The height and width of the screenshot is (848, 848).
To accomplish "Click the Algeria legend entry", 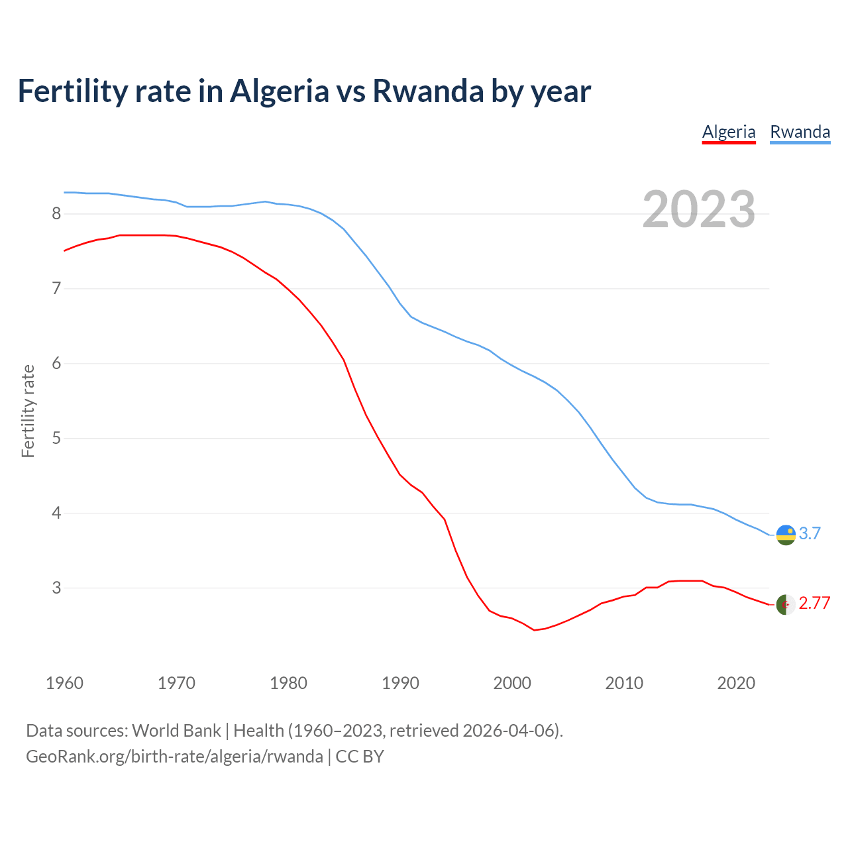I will pyautogui.click(x=729, y=132).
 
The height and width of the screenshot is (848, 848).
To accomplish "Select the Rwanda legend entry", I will pyautogui.click(x=800, y=132).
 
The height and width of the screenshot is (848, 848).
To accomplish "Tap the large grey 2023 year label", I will pyautogui.click(x=699, y=209).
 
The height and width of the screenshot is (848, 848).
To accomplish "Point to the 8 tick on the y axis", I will pyautogui.click(x=56, y=213).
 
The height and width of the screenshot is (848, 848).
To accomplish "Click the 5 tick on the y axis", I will pyautogui.click(x=56, y=438).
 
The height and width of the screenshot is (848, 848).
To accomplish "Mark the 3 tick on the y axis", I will pyautogui.click(x=56, y=588).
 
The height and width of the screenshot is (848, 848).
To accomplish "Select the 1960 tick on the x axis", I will pyautogui.click(x=64, y=683).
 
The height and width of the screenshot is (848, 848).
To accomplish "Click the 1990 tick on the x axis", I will pyautogui.click(x=400, y=683).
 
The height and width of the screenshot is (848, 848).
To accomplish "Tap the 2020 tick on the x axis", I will pyautogui.click(x=736, y=683).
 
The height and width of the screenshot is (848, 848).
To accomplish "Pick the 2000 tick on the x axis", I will pyautogui.click(x=512, y=683).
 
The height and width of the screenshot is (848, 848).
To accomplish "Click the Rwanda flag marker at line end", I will pyautogui.click(x=786, y=535).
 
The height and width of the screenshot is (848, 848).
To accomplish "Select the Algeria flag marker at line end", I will pyautogui.click(x=786, y=604).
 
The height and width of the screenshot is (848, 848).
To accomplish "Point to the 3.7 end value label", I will pyautogui.click(x=810, y=533).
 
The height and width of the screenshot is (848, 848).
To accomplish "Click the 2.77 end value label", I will pyautogui.click(x=814, y=603).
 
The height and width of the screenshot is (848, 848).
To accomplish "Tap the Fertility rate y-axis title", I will pyautogui.click(x=28, y=411).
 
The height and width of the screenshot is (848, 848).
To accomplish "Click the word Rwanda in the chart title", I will pyautogui.click(x=428, y=91).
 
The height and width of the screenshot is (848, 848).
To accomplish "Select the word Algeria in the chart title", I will pyautogui.click(x=279, y=91).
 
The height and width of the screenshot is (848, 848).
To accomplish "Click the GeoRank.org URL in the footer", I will pyautogui.click(x=174, y=756).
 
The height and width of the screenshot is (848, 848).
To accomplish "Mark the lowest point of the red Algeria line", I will pyautogui.click(x=534, y=630).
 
